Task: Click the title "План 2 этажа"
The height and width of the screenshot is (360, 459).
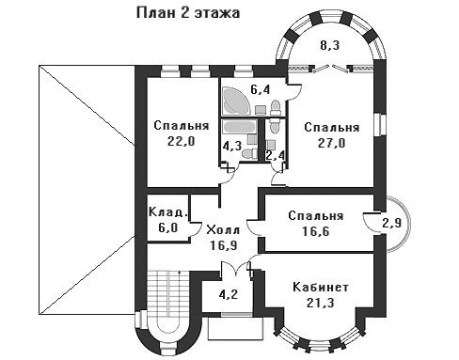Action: [188, 13]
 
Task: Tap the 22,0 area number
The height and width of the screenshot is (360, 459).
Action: [182, 142]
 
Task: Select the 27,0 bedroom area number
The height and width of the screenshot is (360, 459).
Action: [332, 143]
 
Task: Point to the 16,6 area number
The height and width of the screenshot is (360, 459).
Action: [316, 231]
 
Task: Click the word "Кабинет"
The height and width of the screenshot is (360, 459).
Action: [321, 287]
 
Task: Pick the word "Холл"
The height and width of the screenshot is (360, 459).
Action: [223, 230]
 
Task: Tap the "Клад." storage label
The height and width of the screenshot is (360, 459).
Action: [168, 212]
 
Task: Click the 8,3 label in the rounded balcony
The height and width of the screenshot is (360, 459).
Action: [330, 46]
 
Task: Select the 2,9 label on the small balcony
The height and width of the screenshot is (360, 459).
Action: [392, 223]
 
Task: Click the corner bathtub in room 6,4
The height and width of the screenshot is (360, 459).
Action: [236, 101]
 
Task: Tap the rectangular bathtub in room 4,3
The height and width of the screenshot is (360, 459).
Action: [240, 127]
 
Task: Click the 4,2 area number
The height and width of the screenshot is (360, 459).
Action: [229, 294]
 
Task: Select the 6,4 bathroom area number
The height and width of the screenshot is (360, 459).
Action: [261, 90]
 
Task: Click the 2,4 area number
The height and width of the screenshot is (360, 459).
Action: [275, 155]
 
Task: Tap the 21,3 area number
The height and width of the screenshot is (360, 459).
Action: [321, 303]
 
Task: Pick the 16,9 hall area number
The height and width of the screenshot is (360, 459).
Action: [224, 245]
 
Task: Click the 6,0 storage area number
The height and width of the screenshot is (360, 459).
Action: [167, 227]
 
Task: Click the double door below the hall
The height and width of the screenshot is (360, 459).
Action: [236, 268]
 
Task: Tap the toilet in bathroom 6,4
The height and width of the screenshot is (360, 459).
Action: [276, 107]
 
